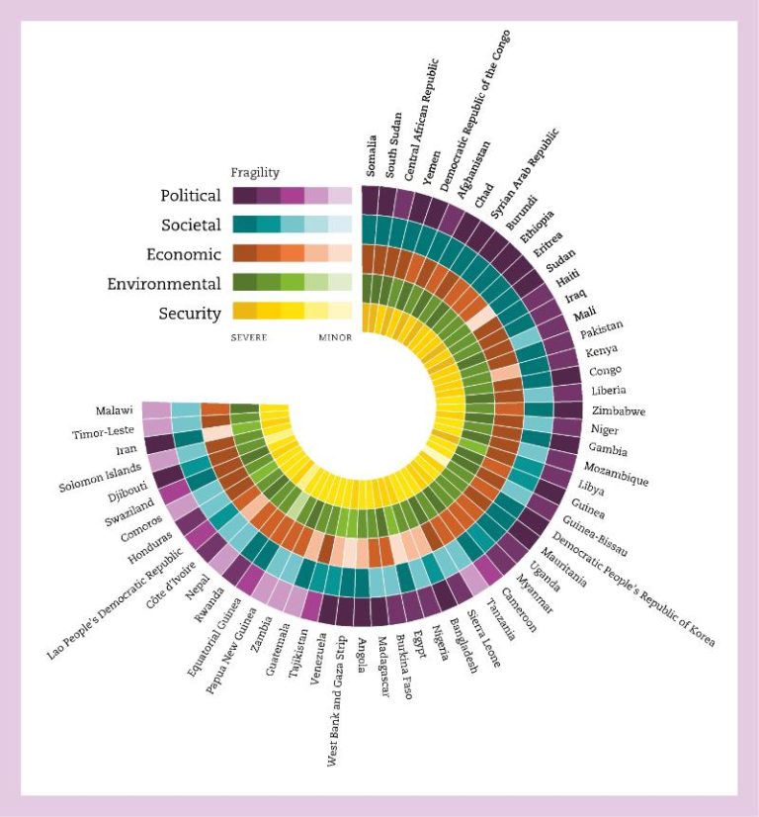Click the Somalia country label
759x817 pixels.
(372, 155)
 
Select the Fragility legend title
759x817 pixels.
(255, 171)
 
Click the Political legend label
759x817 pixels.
(191, 196)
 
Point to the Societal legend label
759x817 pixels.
(191, 226)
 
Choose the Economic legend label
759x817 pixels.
(184, 254)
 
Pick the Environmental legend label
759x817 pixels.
(164, 284)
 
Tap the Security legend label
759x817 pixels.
(190, 314)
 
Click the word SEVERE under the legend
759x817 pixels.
(249, 337)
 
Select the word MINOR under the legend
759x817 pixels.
(335, 337)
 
